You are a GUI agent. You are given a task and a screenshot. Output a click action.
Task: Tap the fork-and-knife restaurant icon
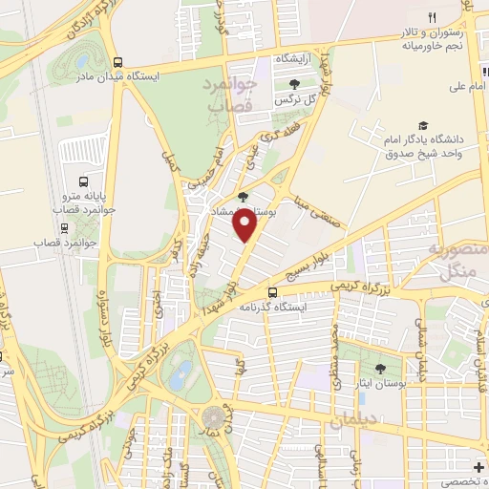432,18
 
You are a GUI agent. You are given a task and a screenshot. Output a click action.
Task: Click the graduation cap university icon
421,125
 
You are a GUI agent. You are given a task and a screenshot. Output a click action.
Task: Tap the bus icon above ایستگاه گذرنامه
273,292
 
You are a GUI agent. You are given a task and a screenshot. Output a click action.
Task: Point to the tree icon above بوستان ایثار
379,368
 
